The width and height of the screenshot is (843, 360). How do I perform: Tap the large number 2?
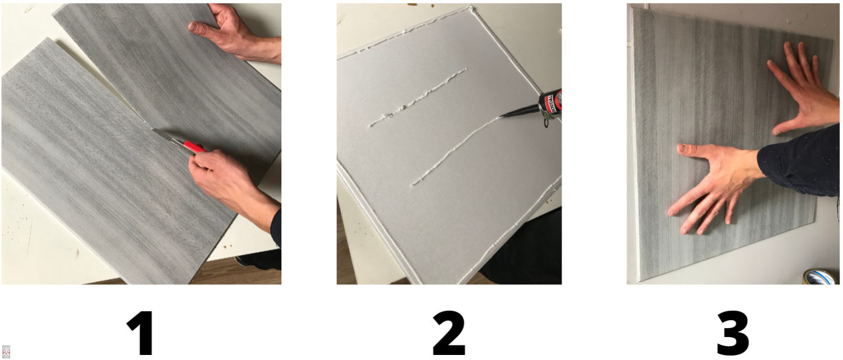[448, 333]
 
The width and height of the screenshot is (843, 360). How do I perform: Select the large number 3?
[733, 333]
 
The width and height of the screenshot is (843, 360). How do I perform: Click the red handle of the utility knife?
[194, 147]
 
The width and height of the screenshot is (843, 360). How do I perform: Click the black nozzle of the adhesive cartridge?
[520, 112]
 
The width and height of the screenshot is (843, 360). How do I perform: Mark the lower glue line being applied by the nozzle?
[457, 151]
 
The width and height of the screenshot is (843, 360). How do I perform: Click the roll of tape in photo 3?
[821, 276]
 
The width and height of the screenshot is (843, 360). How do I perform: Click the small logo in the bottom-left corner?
[6, 352]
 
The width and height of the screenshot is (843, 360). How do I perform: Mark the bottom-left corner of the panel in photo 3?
[640, 281]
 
